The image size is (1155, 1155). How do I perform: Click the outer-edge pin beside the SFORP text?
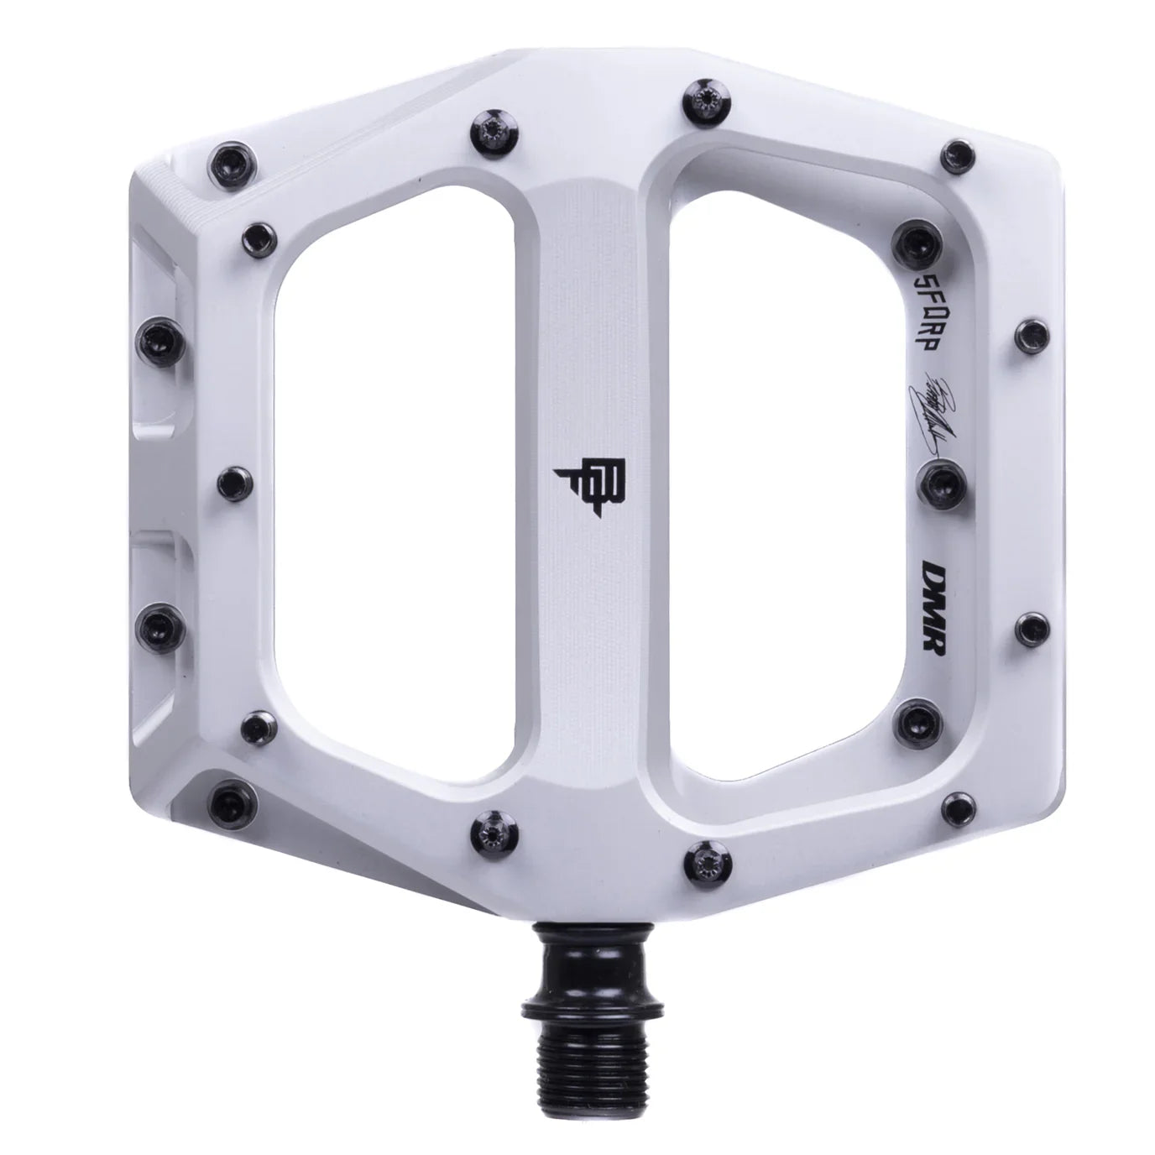[x=1028, y=333]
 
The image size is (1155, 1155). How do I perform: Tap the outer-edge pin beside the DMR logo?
[x=1028, y=625]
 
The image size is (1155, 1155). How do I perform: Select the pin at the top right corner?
[x=956, y=154]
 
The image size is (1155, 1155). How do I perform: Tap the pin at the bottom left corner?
[x=231, y=793]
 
